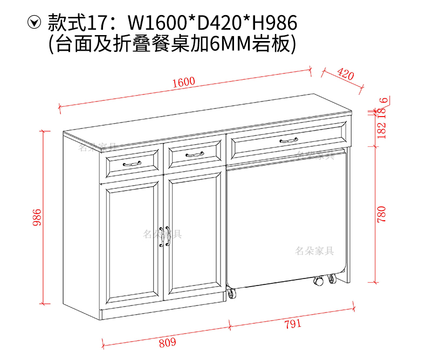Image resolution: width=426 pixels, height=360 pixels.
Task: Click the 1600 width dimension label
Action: point(183,82)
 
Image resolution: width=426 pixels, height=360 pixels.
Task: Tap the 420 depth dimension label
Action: point(345,74)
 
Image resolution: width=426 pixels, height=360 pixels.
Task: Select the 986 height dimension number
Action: point(37,218)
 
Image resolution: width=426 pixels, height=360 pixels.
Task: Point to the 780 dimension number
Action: point(382,215)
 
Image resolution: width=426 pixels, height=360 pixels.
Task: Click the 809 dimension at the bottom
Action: point(166,342)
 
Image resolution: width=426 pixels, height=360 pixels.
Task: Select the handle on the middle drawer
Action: point(195,155)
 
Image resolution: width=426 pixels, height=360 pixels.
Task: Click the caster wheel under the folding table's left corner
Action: point(232,294)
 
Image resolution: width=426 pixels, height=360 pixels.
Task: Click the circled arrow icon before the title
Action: point(34,23)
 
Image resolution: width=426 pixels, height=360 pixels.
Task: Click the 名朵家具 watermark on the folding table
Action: point(315,250)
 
